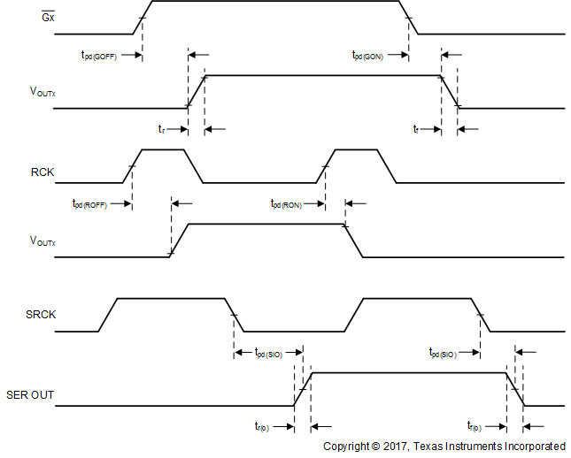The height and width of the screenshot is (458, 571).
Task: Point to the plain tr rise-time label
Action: (161, 129)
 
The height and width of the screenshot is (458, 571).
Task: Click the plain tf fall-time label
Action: (416, 129)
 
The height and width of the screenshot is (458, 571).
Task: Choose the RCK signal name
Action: (42, 172)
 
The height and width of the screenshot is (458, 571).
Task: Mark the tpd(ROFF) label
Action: (89, 203)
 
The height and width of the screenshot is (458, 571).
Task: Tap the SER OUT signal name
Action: (30, 395)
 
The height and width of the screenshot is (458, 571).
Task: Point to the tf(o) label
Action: (475, 426)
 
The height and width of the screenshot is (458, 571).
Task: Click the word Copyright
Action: (346, 447)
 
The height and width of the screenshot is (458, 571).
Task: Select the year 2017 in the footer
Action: (394, 447)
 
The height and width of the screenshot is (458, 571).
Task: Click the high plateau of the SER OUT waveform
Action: (407, 373)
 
